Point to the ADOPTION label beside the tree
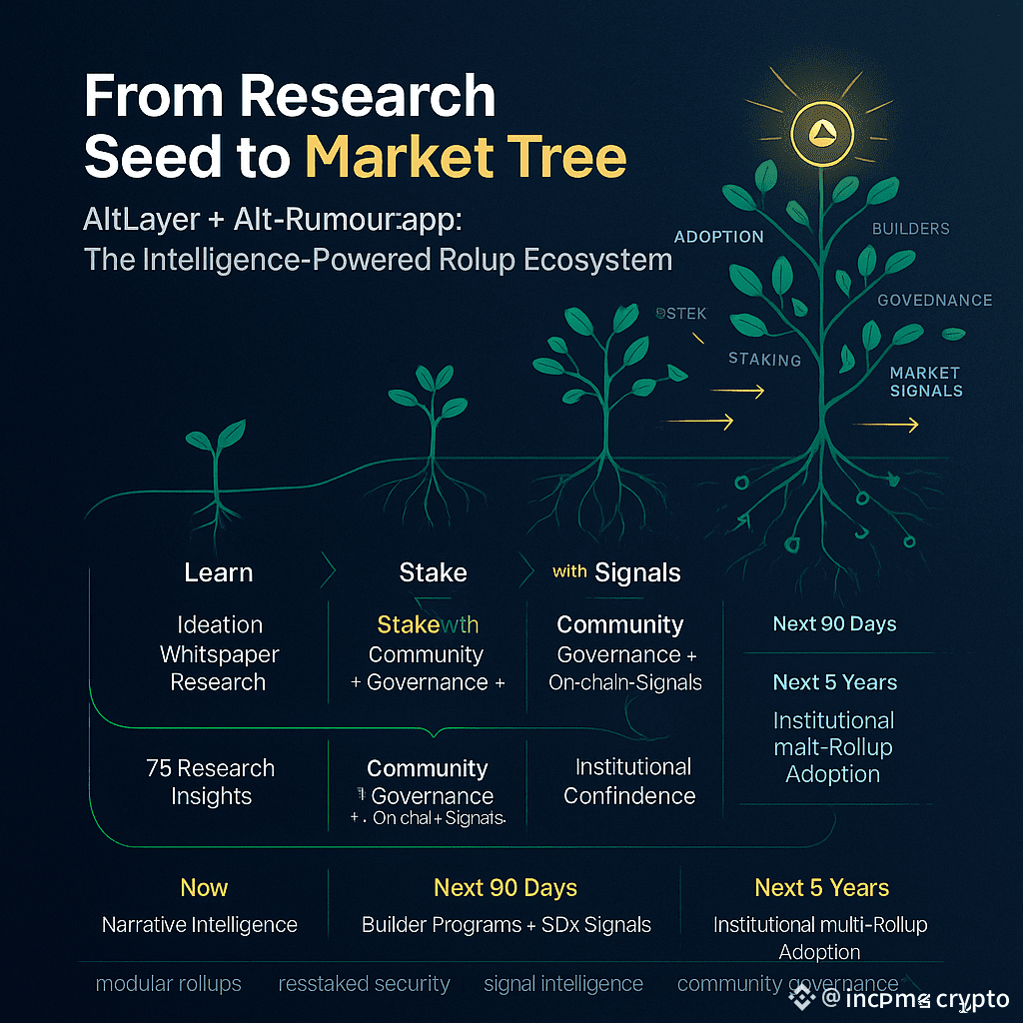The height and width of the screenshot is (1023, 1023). [719, 237]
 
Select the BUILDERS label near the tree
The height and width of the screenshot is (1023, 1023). [910, 229]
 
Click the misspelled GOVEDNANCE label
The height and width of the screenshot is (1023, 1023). [934, 300]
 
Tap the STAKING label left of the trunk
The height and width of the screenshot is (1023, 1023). [764, 359]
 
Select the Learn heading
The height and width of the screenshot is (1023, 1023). [218, 572]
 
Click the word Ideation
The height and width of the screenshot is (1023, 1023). [220, 625]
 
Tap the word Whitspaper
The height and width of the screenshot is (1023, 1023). [220, 654]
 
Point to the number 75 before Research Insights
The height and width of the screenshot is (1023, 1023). [159, 768]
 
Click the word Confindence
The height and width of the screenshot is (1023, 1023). [629, 796]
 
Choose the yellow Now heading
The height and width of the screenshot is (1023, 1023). [204, 887]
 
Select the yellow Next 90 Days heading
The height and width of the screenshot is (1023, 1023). [506, 887]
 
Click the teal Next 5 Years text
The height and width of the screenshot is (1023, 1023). [835, 682]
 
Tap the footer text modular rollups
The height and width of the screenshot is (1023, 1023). [168, 984]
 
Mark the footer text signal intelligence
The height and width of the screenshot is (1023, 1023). [563, 984]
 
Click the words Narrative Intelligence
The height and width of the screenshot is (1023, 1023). [200, 924]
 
